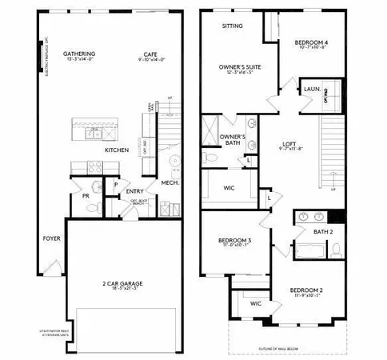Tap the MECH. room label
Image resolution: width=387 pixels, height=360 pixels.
170,182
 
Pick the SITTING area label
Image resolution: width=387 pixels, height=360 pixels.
233,26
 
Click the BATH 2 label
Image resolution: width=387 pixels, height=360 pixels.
324,230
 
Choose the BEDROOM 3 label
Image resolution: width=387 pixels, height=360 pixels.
234,241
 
